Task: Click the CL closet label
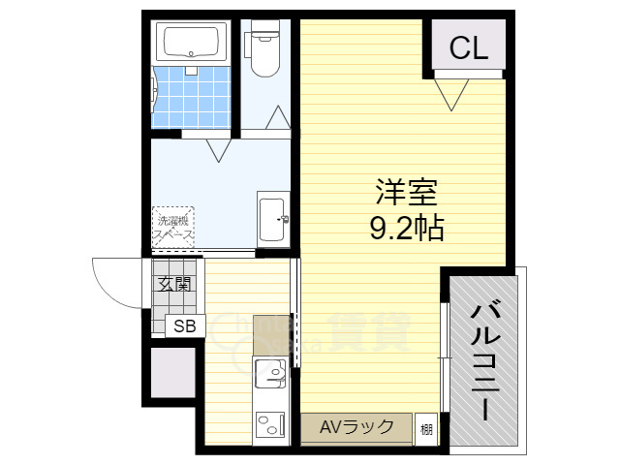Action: click(x=467, y=47)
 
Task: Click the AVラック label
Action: click(x=356, y=427)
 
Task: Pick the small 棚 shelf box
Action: click(x=426, y=428)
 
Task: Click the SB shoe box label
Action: click(x=184, y=326)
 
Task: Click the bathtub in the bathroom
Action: click(x=192, y=43)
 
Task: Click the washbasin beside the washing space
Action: click(x=272, y=220)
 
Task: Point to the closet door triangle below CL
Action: click(x=450, y=93)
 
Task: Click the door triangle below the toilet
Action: click(x=278, y=118)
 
